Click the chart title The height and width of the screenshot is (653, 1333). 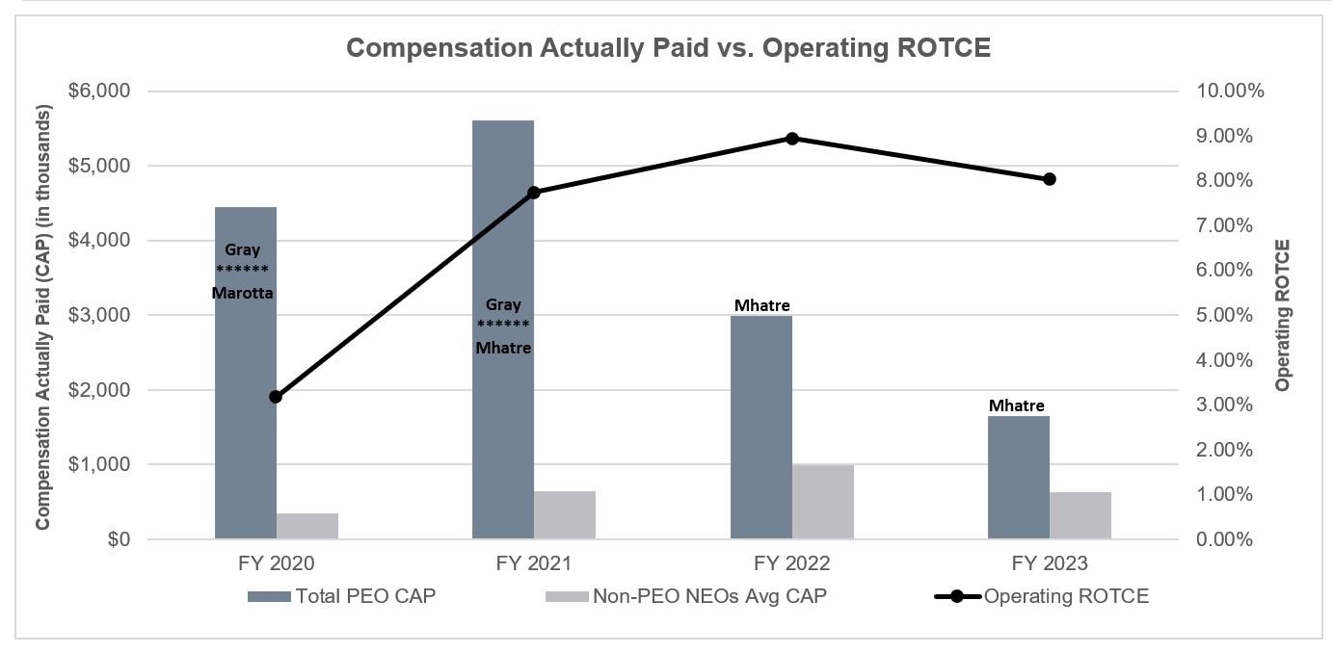pyautogui.click(x=668, y=49)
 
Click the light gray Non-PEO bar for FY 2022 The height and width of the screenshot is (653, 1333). pyautogui.click(x=823, y=502)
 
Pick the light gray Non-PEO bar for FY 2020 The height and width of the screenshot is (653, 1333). pyautogui.click(x=307, y=526)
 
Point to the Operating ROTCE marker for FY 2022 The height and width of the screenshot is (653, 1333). pyautogui.click(x=792, y=138)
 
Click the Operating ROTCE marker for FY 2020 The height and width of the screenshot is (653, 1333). pyautogui.click(x=277, y=396)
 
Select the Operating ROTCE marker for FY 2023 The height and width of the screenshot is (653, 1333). pyautogui.click(x=1050, y=179)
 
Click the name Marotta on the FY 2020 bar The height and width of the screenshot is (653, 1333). pyautogui.click(x=243, y=291)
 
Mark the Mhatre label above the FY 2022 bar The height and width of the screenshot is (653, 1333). pyautogui.click(x=761, y=306)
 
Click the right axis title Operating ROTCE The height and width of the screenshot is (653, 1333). pyautogui.click(x=1282, y=315)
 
